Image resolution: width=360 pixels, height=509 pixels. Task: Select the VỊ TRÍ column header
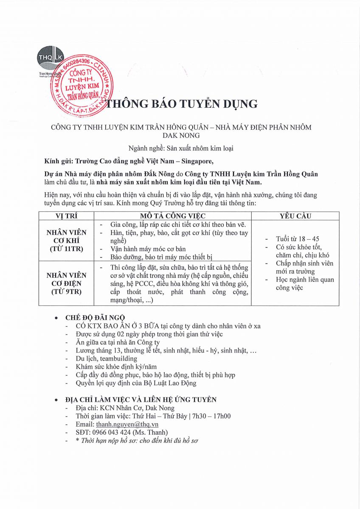(66, 216)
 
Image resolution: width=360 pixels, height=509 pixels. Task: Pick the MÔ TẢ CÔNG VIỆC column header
(173, 216)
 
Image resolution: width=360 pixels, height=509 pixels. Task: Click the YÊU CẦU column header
(295, 216)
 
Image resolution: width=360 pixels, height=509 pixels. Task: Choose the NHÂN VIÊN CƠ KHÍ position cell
(66, 241)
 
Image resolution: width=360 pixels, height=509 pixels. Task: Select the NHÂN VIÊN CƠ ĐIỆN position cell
(66, 283)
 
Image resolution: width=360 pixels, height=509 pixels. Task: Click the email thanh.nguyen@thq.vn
(127, 424)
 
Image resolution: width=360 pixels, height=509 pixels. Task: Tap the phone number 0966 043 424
(111, 432)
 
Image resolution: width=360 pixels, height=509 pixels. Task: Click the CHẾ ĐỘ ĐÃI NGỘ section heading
(95, 318)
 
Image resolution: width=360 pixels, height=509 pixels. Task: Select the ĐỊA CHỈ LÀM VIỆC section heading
(141, 400)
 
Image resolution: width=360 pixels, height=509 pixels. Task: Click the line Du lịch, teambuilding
(101, 358)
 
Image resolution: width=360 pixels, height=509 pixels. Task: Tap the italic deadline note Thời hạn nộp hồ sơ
(137, 440)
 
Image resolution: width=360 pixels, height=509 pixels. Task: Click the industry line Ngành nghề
(181, 148)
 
